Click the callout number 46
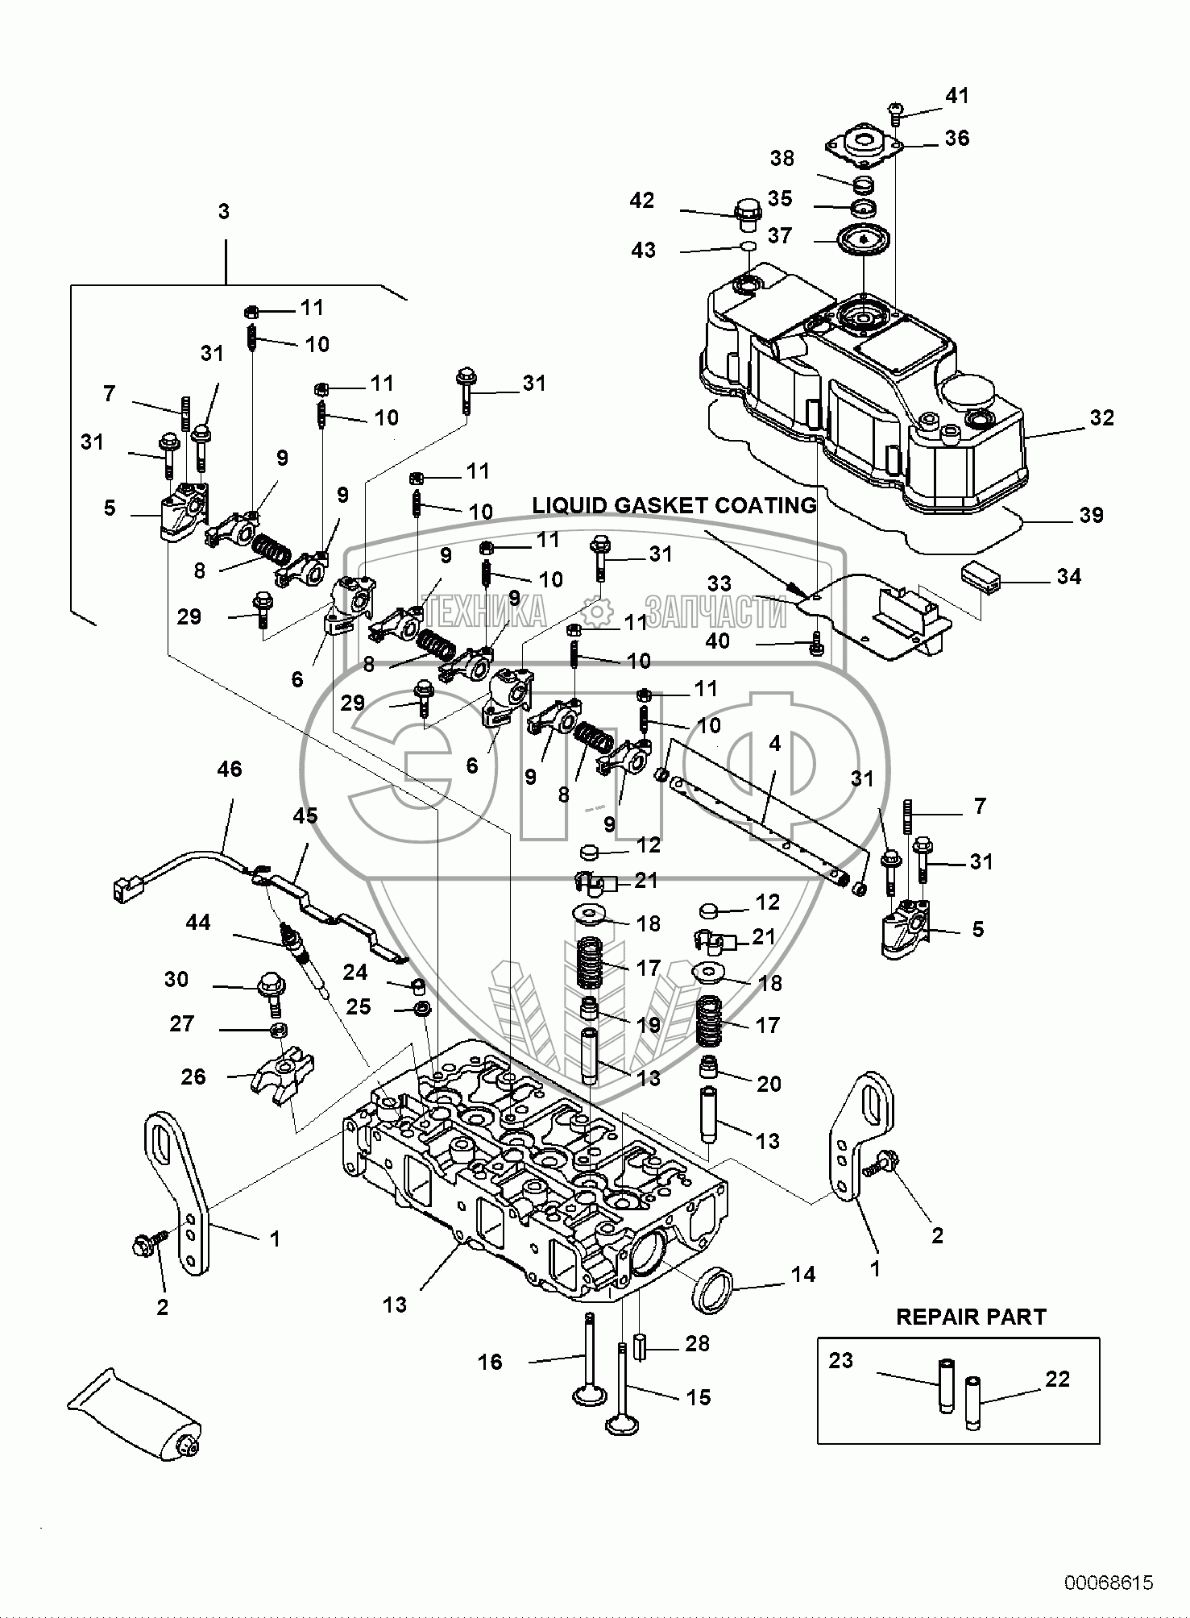pyautogui.click(x=229, y=769)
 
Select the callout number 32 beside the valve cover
pyautogui.click(x=1101, y=417)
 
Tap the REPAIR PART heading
pyautogui.click(x=971, y=1317)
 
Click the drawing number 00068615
pyautogui.click(x=1109, y=1582)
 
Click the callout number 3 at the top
pyautogui.click(x=224, y=211)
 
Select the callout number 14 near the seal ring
pyautogui.click(x=802, y=1274)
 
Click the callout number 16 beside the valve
pyautogui.click(x=490, y=1361)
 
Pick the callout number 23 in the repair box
pyautogui.click(x=840, y=1359)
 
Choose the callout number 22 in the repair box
pyautogui.click(x=1057, y=1379)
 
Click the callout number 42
pyautogui.click(x=642, y=200)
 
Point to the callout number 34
pyautogui.click(x=1068, y=576)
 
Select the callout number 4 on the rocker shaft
pyautogui.click(x=774, y=743)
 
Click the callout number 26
pyautogui.click(x=193, y=1076)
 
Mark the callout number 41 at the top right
pyautogui.click(x=956, y=95)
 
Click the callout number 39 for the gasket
pyautogui.click(x=1091, y=514)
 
